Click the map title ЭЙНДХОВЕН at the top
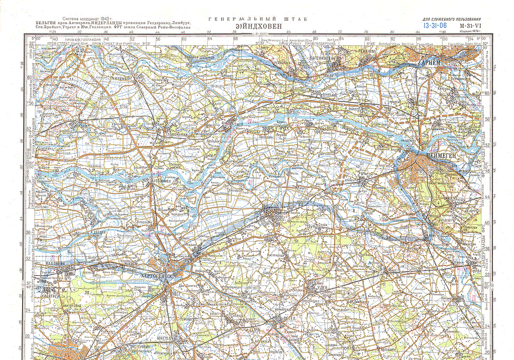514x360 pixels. [x=257, y=25]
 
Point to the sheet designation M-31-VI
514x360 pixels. [x=470, y=25]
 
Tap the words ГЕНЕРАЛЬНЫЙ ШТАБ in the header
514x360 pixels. [x=257, y=19]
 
